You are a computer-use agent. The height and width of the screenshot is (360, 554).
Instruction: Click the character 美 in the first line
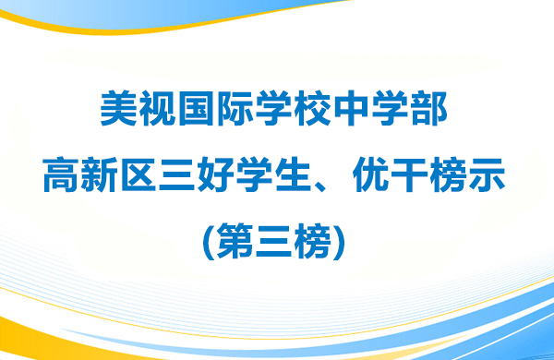(x=118, y=112)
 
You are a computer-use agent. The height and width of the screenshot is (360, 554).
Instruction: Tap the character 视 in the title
(x=158, y=112)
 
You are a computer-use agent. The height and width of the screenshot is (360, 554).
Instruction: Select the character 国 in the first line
(x=198, y=112)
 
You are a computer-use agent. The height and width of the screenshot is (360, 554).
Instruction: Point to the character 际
(x=237, y=112)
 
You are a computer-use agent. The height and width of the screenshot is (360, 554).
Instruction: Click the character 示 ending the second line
(x=491, y=174)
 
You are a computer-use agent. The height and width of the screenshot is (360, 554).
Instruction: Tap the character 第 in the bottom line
(x=235, y=235)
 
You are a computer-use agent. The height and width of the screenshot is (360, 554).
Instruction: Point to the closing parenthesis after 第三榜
(x=344, y=236)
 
